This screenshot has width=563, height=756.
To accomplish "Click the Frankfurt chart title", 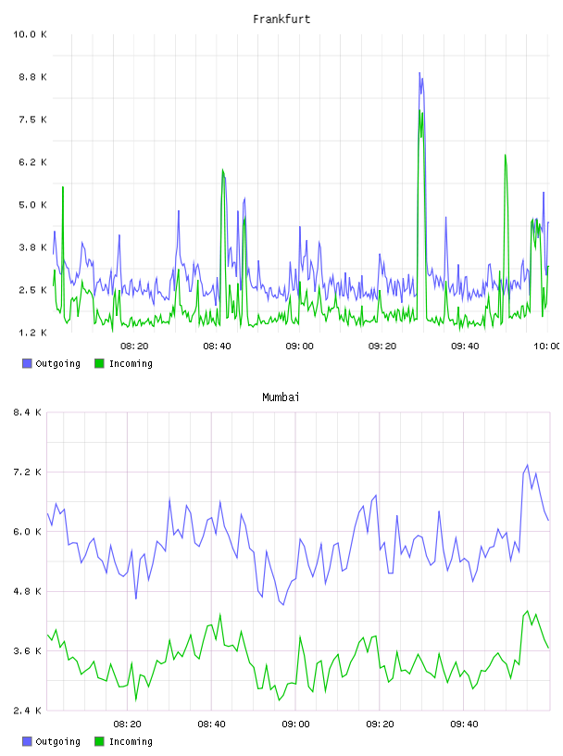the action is pos(281,19).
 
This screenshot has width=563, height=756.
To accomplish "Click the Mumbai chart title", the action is pos(281,397).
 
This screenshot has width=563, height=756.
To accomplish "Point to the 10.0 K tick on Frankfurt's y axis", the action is pos(30,34).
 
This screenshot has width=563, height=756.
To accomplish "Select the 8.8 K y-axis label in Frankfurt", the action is pos(32,77).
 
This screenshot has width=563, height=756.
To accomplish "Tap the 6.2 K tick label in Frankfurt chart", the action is pos(32,162).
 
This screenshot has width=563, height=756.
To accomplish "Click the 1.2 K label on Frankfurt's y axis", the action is pos(32,333).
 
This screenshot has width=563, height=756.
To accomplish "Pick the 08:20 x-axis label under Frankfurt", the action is pos(134,346).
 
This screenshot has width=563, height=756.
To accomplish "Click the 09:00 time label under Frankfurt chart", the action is pos(299,346).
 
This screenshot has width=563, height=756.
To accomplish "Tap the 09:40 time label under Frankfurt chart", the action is pos(465,346).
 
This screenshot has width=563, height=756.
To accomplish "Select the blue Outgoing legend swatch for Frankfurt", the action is pos(27,363).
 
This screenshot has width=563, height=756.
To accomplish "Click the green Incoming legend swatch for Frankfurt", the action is pos(99,363).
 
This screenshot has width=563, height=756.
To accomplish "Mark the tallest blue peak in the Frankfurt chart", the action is pos(419,73).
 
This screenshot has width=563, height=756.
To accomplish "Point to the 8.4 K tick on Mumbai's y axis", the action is pos(27,412).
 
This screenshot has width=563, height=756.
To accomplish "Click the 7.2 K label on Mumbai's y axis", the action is pos(27,472).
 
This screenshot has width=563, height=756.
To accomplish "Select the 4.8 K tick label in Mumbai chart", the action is pos(27,592).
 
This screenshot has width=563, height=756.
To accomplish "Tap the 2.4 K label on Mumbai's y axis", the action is pos(27,711).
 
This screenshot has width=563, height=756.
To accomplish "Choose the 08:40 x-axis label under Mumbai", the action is pos(212,724).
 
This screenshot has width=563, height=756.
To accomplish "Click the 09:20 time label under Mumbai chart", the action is pos(380,724).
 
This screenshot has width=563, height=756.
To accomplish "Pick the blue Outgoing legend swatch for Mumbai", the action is pos(27,741).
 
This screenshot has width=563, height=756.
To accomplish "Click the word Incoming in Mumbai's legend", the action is pos(131,742).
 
